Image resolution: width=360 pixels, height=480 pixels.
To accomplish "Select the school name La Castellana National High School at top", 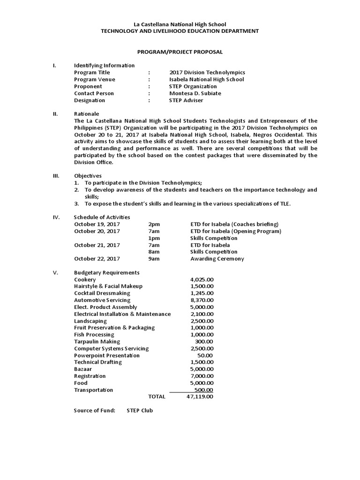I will (x=180, y=24).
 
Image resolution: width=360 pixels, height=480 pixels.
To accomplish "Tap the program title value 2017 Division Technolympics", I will (x=207, y=73).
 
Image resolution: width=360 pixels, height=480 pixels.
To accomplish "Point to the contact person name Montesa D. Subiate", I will (x=195, y=93).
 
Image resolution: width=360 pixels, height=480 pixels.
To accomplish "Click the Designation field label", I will (x=90, y=100).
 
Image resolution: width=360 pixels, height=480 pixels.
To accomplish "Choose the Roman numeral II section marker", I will (x=55, y=114).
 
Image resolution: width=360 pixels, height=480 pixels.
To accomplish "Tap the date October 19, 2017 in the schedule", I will (x=97, y=224).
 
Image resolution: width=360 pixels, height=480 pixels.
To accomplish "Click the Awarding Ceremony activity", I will (x=217, y=259).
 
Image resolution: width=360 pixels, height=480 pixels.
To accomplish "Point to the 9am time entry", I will (x=154, y=259).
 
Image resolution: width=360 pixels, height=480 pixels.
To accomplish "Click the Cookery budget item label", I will (x=85, y=279).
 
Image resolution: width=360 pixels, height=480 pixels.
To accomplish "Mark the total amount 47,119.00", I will (x=200, y=397).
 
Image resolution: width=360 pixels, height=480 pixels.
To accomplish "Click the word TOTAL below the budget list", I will (x=157, y=397).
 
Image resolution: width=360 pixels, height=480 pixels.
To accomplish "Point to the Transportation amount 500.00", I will (x=204, y=390).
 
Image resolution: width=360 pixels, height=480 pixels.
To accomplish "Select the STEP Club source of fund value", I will (x=140, y=411).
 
